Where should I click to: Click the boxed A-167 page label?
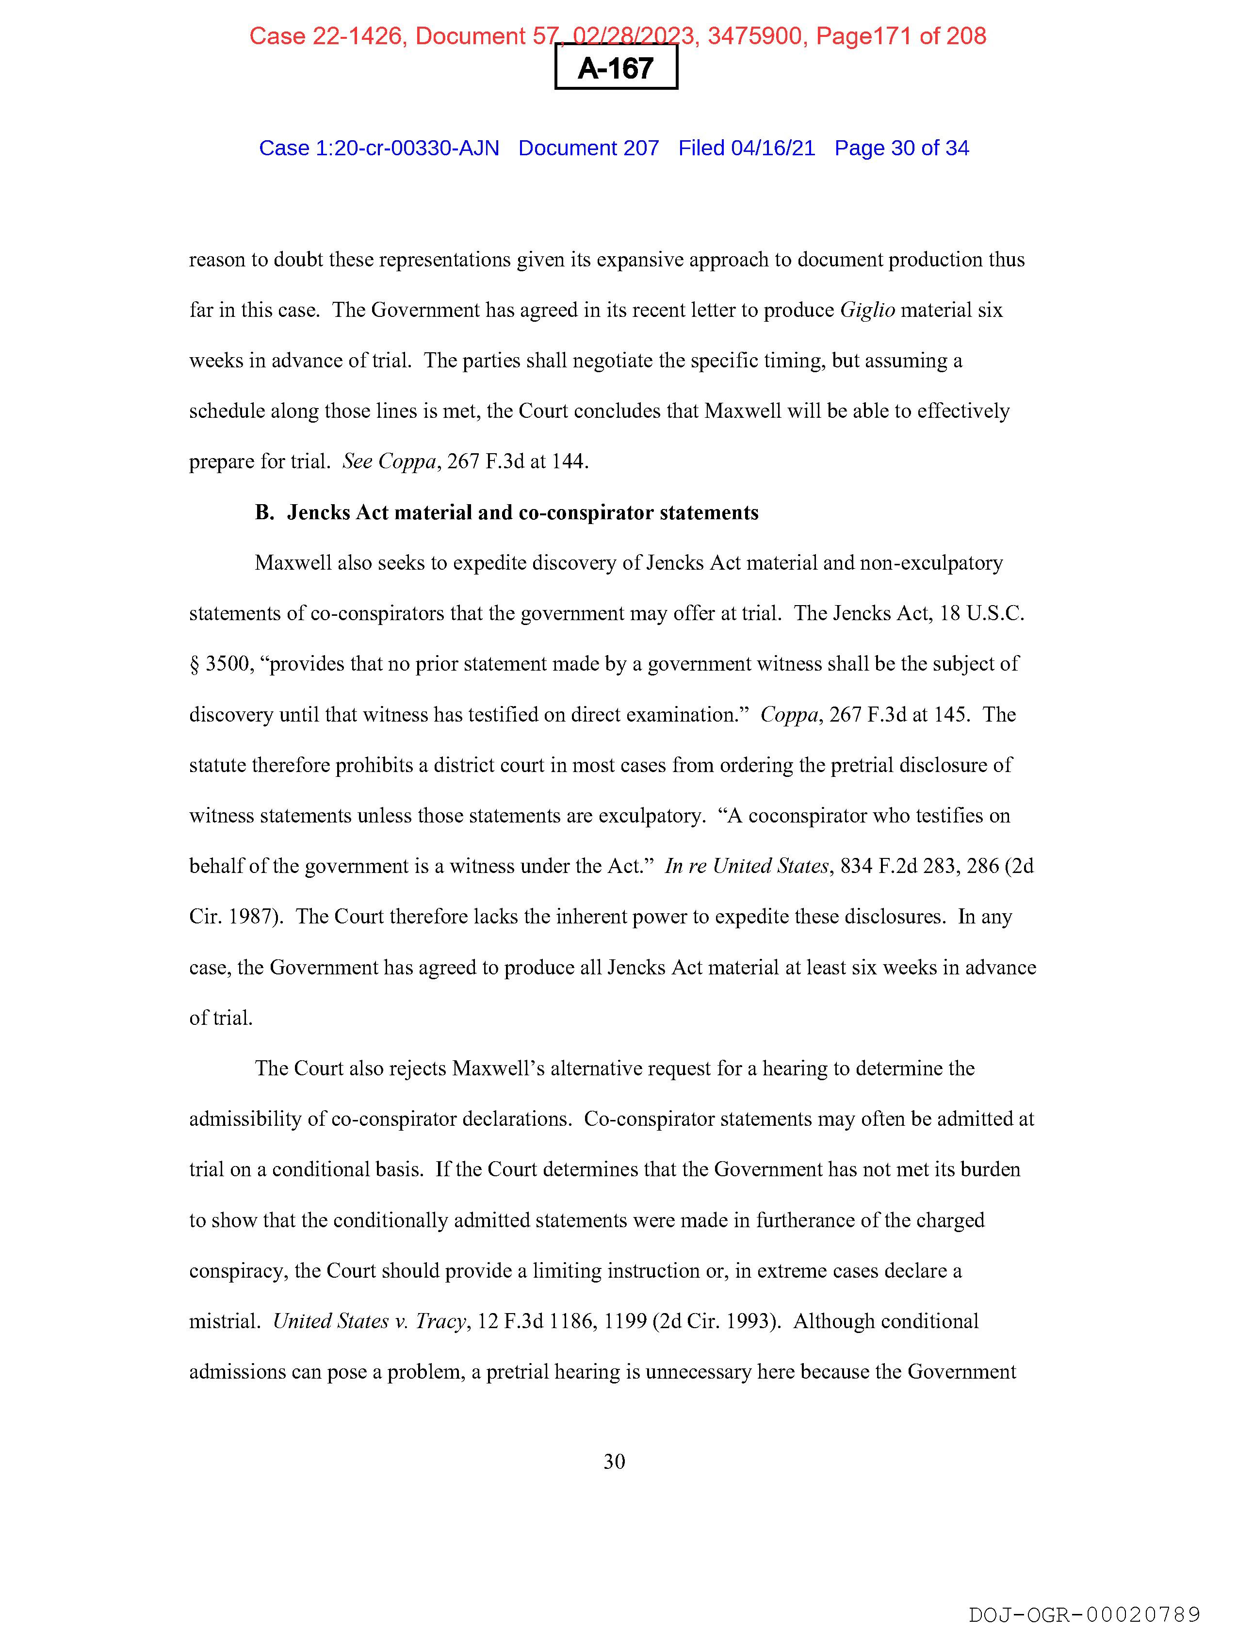[x=616, y=68]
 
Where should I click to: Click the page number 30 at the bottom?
[x=614, y=1461]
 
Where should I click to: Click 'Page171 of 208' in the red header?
[x=901, y=35]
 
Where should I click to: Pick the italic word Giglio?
[x=867, y=310]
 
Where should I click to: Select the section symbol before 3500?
[x=195, y=664]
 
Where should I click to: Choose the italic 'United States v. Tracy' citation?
[x=370, y=1321]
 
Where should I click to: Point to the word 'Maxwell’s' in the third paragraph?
[x=498, y=1069]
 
